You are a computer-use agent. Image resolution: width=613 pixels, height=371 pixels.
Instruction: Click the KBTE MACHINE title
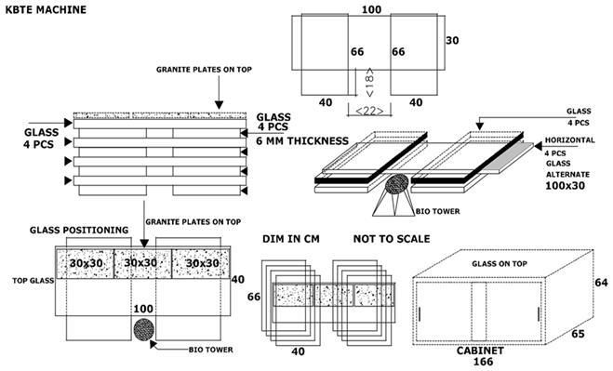[x=46, y=9]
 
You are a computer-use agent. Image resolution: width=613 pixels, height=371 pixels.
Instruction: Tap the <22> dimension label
[x=369, y=112]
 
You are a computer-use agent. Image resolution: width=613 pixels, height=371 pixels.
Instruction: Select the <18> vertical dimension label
[x=369, y=83]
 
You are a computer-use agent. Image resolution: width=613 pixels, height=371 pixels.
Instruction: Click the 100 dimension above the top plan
[x=371, y=9]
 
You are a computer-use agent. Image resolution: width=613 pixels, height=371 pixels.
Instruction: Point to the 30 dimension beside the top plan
[x=452, y=40]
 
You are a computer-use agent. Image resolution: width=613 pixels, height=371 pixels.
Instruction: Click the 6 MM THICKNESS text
[x=302, y=140]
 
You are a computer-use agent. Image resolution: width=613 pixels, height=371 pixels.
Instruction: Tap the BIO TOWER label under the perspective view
[x=437, y=211]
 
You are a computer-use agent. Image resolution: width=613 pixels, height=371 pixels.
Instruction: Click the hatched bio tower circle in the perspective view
[x=397, y=184]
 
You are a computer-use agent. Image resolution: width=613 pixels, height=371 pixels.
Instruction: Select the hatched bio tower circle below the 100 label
[x=144, y=329]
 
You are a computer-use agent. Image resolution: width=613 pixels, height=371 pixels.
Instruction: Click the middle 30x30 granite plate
[x=142, y=264]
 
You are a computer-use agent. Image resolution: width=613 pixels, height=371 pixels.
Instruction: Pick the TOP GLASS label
[x=33, y=281]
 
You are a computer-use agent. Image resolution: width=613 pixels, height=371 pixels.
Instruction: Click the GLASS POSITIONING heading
[x=79, y=230]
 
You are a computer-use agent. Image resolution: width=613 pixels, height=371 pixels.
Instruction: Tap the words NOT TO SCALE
[x=392, y=239]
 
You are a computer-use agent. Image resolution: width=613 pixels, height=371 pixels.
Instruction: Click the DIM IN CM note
[x=291, y=239]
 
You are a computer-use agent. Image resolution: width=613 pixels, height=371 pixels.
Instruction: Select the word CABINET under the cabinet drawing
[x=480, y=351]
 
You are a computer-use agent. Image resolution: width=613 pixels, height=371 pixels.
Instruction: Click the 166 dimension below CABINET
[x=483, y=362]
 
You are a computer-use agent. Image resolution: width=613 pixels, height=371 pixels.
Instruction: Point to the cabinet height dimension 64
[x=601, y=283]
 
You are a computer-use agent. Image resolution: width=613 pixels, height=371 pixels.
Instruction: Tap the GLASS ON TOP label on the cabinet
[x=500, y=264]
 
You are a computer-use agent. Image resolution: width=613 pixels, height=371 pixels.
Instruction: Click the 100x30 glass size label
[x=566, y=186]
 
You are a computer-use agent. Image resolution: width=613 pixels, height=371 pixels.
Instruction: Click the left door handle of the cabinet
[x=420, y=314]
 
